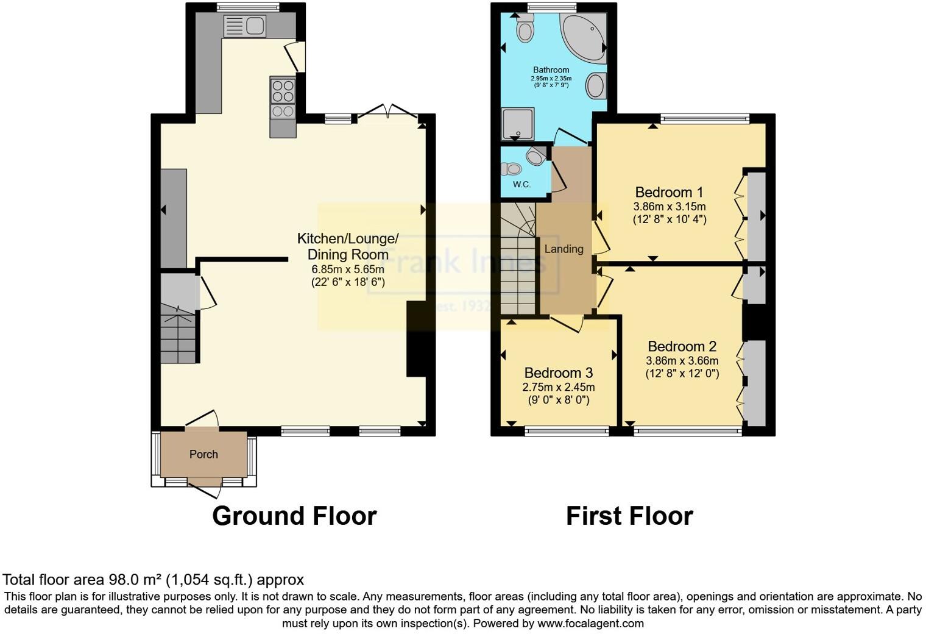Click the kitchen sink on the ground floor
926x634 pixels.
244,26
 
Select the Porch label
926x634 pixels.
203,454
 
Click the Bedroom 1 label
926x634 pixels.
669,192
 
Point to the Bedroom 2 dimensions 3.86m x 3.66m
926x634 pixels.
682,360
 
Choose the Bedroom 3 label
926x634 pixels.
558,372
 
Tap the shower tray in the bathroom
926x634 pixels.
517,124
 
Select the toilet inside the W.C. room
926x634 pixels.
514,168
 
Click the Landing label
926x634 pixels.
564,249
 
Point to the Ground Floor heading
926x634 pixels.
294,516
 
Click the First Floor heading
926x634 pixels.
629,516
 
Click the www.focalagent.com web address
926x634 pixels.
590,624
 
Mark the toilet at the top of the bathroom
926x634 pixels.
524,28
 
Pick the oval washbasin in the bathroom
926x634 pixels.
596,85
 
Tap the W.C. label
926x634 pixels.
521,184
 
